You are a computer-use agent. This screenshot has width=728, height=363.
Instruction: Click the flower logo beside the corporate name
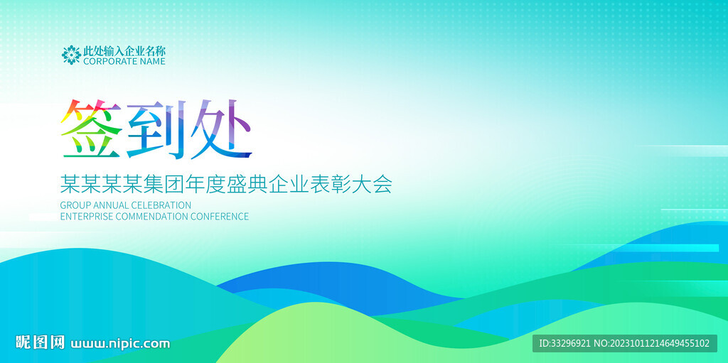click(x=71, y=55)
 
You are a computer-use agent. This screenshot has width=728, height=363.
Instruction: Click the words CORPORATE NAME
click(x=124, y=61)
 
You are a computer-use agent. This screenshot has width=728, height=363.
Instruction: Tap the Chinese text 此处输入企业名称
click(x=124, y=50)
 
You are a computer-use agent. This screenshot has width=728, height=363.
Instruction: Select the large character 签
click(x=92, y=129)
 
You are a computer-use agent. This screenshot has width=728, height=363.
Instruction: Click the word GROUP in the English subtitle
click(x=75, y=205)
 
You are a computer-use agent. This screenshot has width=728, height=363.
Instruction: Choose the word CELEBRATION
click(x=161, y=205)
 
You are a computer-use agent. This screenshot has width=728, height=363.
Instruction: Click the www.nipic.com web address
click(x=120, y=344)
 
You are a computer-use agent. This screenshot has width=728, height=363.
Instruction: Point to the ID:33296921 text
click(x=564, y=344)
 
